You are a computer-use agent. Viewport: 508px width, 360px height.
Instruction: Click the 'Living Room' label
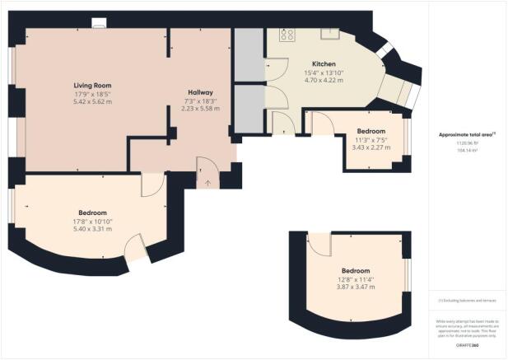92,85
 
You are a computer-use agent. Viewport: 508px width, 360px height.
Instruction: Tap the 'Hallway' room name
200,92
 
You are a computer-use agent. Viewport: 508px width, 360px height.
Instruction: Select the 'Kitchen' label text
324,63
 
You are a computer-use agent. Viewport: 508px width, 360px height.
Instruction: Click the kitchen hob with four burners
287,35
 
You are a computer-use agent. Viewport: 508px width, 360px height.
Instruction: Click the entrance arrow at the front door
207,182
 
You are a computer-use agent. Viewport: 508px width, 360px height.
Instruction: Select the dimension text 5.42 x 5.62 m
92,103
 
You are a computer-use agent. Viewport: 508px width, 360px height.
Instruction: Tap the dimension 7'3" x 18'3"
200,101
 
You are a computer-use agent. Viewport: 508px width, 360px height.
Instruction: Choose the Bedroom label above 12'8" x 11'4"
356,271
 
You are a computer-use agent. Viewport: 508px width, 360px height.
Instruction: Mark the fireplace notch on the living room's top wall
99,27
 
